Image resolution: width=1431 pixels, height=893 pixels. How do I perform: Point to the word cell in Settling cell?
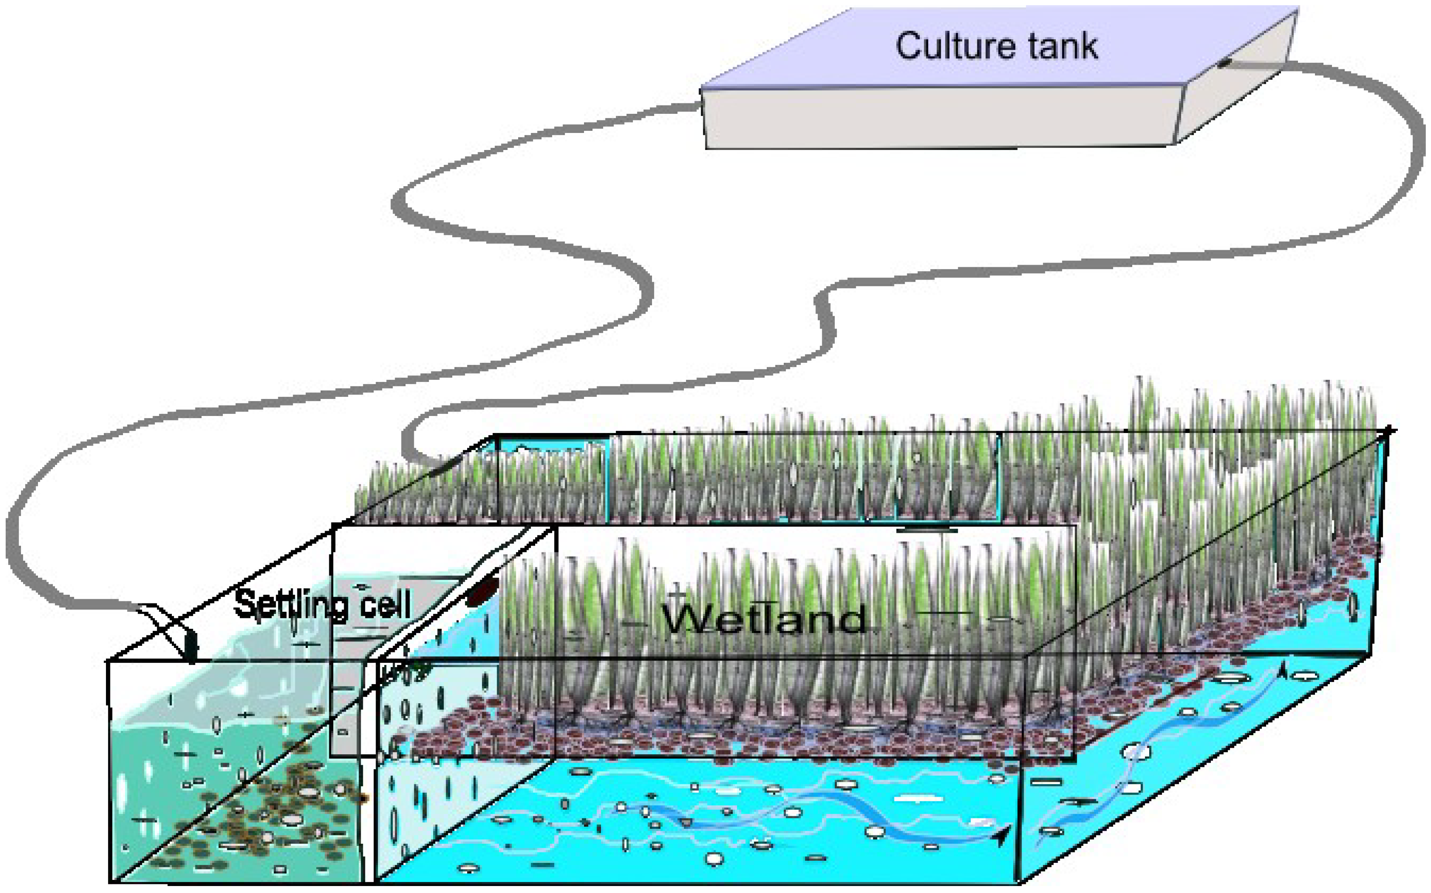pyautogui.click(x=387, y=605)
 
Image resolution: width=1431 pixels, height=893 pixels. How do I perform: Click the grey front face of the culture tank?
pyautogui.click(x=939, y=118)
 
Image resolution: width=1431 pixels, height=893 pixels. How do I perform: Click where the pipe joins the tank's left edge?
pyautogui.click(x=699, y=107)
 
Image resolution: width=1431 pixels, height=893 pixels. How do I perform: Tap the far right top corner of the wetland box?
pyautogui.click(x=1388, y=431)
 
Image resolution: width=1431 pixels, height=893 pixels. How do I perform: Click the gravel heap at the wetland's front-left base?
pyautogui.click(x=449, y=738)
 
